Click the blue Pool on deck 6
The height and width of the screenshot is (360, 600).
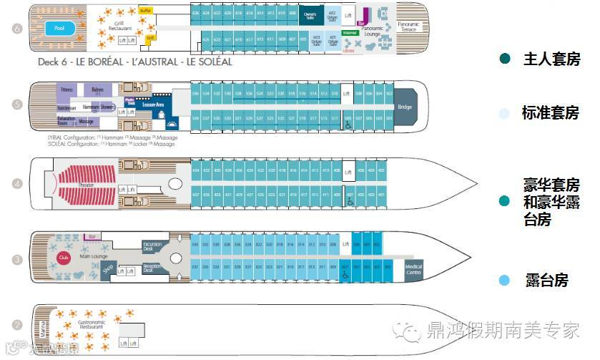coord(56,29)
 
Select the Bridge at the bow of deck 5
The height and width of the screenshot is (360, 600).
coord(405,106)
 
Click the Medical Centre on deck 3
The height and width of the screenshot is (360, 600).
coord(413,269)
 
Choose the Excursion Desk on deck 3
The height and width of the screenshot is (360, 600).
coord(152,246)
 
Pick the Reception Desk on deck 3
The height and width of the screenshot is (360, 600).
coord(152,269)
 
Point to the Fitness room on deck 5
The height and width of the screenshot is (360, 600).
coord(67,90)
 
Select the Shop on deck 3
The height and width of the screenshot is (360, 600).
coord(107,270)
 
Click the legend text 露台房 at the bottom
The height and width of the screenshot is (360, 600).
coord(546,280)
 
